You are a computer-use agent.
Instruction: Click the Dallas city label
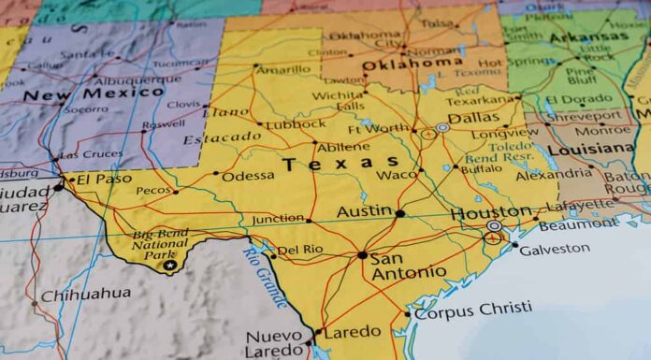[x=473, y=118]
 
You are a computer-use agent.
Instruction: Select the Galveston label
[x=555, y=249]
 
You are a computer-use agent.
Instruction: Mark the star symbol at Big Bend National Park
[x=169, y=265]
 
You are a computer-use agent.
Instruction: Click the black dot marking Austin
[x=400, y=213]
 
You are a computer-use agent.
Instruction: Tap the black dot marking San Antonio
[x=362, y=254]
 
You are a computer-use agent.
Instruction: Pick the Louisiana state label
[x=590, y=149]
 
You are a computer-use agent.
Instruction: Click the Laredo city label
[x=352, y=331]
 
